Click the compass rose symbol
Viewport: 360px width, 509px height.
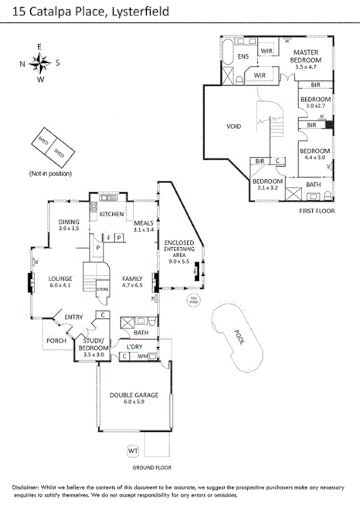click(43, 63)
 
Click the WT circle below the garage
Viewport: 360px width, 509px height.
click(133, 450)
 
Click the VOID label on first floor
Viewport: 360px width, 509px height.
click(234, 125)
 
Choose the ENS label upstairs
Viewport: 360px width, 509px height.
click(243, 57)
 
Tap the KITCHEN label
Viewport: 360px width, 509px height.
click(111, 213)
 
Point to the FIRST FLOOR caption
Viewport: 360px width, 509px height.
click(316, 209)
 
